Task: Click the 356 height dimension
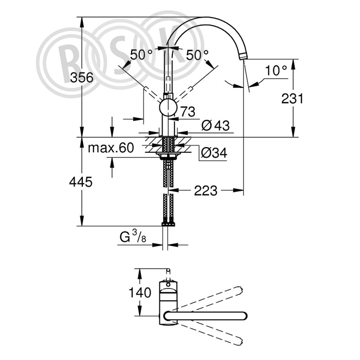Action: (x=82, y=77)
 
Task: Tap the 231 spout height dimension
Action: (x=292, y=99)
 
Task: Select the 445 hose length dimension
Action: (x=81, y=182)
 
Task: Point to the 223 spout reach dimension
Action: (x=206, y=191)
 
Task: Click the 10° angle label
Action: (x=276, y=70)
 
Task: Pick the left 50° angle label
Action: (x=141, y=55)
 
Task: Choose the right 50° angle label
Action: (x=197, y=55)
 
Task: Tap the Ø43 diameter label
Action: (x=215, y=125)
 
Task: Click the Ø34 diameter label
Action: (x=214, y=152)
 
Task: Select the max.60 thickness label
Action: (x=111, y=148)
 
